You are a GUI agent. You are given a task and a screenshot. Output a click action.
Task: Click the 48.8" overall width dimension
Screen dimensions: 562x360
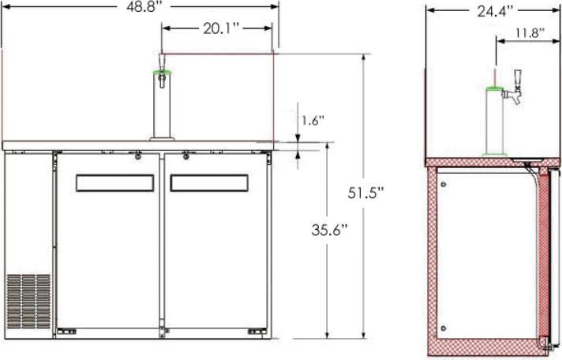pyautogui.click(x=142, y=7)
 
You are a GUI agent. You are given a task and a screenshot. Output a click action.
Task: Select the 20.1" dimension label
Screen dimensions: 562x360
pyautogui.click(x=221, y=28)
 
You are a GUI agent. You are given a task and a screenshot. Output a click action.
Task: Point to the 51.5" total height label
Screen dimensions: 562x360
pyautogui.click(x=365, y=193)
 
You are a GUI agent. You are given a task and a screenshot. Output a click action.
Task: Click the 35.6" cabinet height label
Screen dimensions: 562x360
pyautogui.click(x=330, y=230)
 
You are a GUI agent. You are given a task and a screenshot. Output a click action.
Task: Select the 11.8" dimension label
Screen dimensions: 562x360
pyautogui.click(x=530, y=33)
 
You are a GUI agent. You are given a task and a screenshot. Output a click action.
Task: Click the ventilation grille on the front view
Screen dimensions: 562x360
pyautogui.click(x=28, y=302)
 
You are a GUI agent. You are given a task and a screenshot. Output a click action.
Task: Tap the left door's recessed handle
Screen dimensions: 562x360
pyautogui.click(x=115, y=183)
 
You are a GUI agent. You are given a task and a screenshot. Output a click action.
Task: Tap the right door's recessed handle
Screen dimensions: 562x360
pyautogui.click(x=209, y=183)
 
